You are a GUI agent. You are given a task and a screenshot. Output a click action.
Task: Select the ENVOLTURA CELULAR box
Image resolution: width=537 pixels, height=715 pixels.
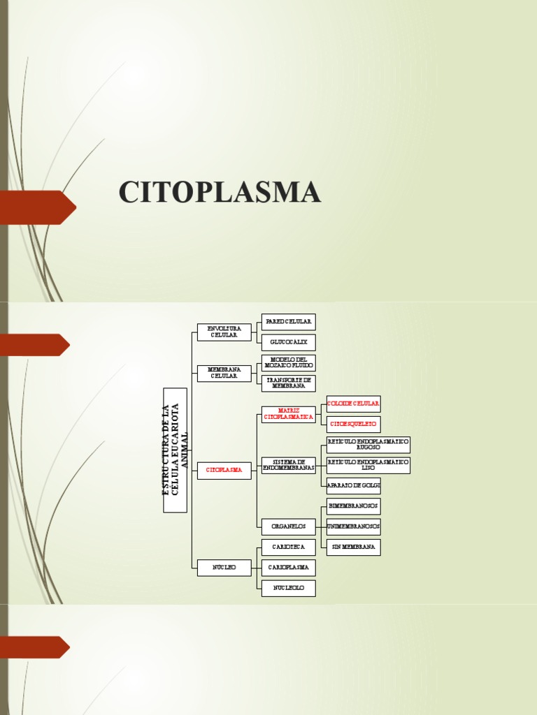click(x=224, y=332)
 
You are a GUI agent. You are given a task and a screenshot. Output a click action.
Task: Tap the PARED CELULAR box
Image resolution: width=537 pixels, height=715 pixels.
click(x=288, y=322)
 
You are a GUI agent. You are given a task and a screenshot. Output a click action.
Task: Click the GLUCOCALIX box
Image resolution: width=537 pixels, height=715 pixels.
click(x=288, y=342)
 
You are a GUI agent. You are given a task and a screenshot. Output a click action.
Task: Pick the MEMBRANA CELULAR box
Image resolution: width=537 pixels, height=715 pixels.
click(x=224, y=373)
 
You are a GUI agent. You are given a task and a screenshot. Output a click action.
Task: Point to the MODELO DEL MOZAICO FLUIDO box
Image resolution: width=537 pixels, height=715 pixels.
click(x=288, y=362)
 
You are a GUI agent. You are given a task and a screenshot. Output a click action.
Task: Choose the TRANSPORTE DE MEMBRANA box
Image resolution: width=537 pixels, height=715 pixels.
click(x=288, y=383)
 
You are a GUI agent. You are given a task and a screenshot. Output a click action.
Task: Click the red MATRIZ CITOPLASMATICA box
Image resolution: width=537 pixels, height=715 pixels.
click(x=288, y=414)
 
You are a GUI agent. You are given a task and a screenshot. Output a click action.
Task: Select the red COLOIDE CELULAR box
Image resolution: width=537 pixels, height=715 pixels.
click(x=353, y=404)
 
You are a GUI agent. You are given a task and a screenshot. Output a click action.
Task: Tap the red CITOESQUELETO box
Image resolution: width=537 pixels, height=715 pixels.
click(x=353, y=424)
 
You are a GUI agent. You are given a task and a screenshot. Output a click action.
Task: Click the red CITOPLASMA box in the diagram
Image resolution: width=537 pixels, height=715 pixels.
click(x=224, y=471)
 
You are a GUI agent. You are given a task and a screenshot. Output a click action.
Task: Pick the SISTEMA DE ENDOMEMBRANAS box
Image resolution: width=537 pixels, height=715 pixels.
click(x=288, y=465)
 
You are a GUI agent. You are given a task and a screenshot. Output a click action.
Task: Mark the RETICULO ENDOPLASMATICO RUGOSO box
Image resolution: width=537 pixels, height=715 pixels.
click(x=368, y=445)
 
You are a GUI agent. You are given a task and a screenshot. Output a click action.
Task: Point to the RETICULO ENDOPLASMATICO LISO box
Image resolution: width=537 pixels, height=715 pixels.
click(x=368, y=465)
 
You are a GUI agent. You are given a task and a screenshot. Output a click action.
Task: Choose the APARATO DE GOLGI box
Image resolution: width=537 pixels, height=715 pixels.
click(x=353, y=485)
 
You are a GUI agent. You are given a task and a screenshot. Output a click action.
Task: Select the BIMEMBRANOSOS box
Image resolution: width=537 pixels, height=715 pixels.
click(x=353, y=506)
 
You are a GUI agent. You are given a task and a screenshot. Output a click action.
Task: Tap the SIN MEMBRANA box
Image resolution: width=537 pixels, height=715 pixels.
click(x=353, y=547)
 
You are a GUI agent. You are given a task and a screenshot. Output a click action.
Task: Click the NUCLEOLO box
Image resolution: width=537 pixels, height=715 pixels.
click(x=288, y=588)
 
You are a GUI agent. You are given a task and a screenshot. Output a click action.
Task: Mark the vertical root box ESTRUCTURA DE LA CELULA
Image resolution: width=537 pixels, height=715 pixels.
click(x=175, y=450)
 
